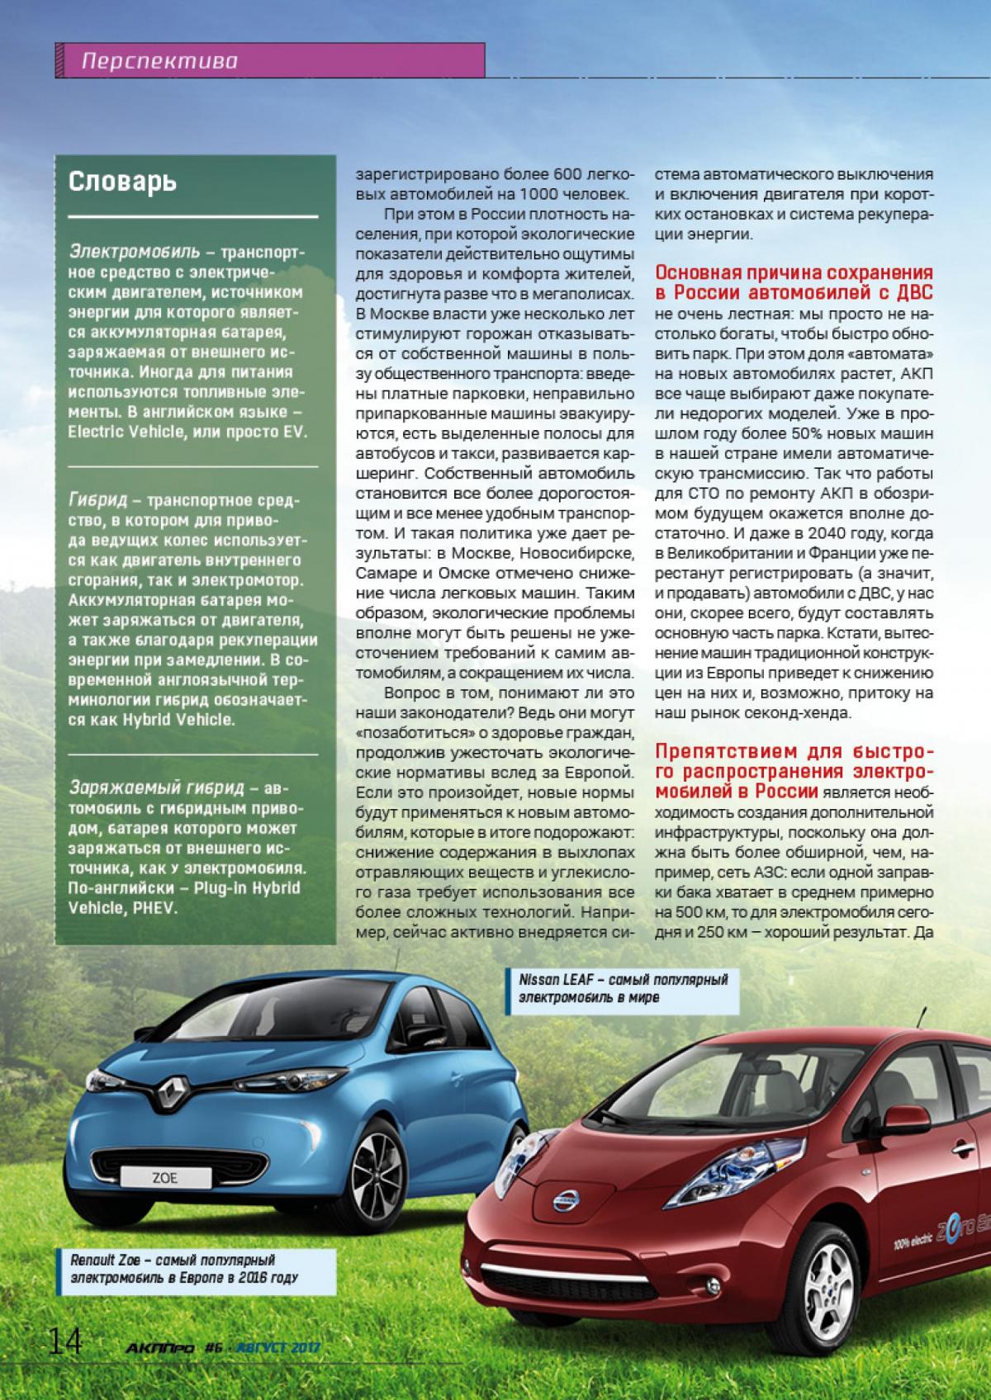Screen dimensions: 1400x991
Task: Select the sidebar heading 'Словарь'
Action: point(122,182)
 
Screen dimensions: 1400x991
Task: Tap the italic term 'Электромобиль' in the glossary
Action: point(134,249)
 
